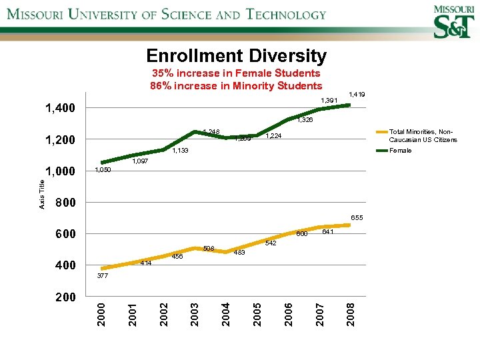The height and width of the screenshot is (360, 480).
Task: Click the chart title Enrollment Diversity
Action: pyautogui.click(x=236, y=55)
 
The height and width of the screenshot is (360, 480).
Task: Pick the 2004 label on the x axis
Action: pyautogui.click(x=226, y=314)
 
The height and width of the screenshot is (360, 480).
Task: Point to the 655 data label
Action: pyautogui.click(x=357, y=217)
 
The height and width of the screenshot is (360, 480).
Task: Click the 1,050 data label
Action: pyautogui.click(x=103, y=171)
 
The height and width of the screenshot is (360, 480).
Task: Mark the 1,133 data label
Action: pyautogui.click(x=181, y=151)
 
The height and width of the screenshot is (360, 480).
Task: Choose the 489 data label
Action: pyautogui.click(x=240, y=252)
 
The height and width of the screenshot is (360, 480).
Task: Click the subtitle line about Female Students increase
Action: pyautogui.click(x=236, y=73)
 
